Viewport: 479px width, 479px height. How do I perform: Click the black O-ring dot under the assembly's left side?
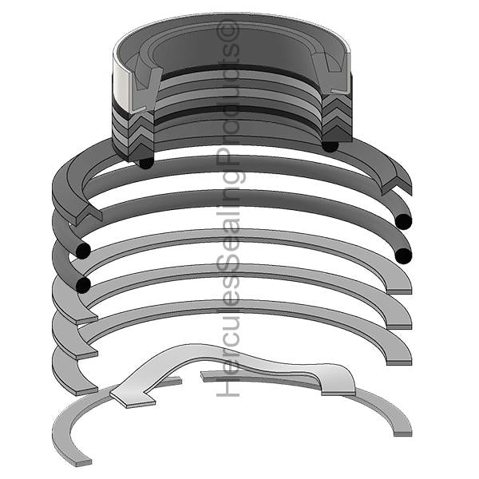click(145, 162)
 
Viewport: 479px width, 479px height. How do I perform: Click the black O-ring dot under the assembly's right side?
click(330, 145)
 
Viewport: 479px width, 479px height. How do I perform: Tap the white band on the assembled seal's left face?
click(125, 85)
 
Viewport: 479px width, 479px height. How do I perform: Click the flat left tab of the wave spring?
click(128, 394)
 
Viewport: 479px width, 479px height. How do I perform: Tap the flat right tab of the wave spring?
click(338, 385)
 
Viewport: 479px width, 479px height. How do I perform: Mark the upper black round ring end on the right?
click(403, 220)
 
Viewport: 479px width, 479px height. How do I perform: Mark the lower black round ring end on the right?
click(404, 255)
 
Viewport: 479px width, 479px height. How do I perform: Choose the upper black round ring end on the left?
click(81, 251)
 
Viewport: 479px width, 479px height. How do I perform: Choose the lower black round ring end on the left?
click(81, 285)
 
